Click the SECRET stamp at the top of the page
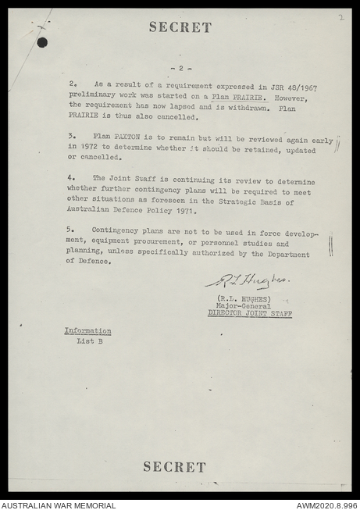coord(180,27)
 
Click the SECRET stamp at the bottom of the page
coord(174,466)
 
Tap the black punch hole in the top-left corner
coord(42,42)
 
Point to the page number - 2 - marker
coord(180,68)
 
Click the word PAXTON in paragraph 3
coord(136,135)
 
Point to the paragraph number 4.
coord(70,178)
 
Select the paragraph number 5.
coord(70,230)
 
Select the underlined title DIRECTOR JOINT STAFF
coord(250,313)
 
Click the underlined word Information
coord(87,331)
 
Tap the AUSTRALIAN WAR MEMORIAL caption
coord(59,505)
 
